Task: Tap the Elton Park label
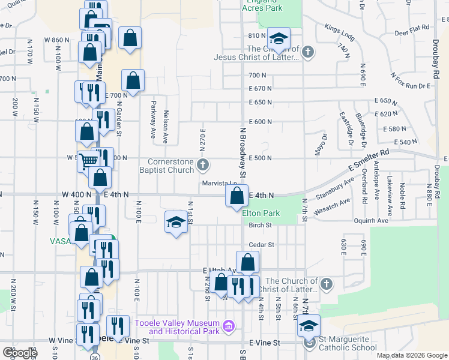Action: (261, 213)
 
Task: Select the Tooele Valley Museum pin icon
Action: (228, 327)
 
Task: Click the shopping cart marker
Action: (89, 161)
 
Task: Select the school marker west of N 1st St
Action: (175, 223)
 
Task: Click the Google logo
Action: (20, 353)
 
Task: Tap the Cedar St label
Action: (261, 245)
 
